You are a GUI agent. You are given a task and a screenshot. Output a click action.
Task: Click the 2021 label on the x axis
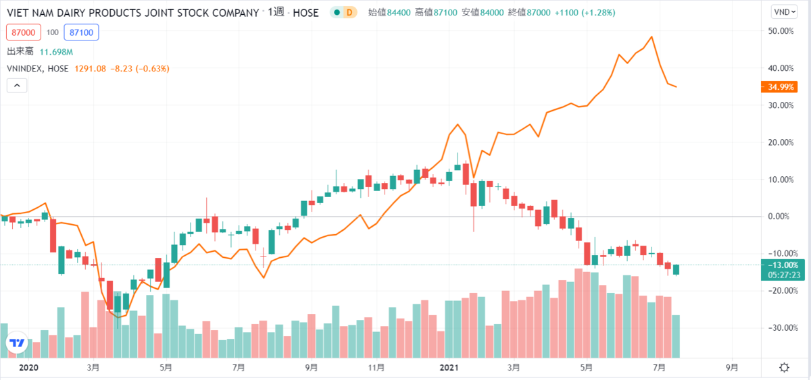point(449,368)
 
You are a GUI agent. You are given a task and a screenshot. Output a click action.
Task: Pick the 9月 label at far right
point(733,368)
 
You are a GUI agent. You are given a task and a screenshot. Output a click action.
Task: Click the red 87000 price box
point(23,32)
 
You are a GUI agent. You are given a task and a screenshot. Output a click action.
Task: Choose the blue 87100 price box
point(80,32)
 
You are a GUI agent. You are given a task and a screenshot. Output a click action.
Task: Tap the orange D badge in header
point(349,13)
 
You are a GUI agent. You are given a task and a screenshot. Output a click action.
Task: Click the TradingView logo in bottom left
point(17,342)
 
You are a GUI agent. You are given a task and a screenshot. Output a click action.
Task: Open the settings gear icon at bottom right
point(783,368)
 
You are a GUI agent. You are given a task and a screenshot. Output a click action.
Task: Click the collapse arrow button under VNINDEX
point(17,85)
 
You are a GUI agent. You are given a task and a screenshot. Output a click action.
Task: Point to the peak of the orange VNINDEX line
point(652,37)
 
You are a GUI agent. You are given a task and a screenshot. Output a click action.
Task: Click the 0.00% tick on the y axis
point(781,217)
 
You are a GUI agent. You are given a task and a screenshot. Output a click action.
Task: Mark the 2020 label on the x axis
point(29,368)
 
